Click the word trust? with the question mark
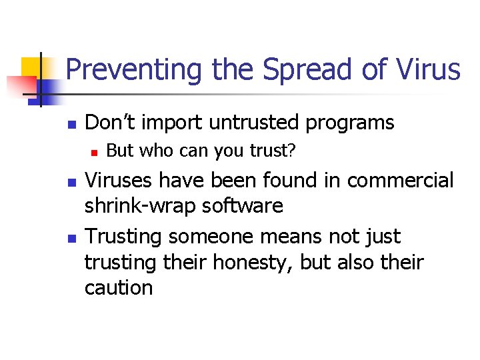273,151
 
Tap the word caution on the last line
119,288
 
